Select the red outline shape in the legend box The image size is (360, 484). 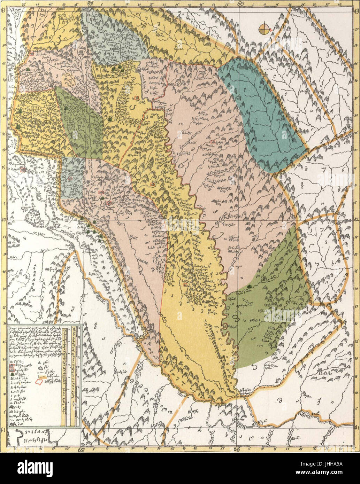40,382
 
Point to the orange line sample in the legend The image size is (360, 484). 42,377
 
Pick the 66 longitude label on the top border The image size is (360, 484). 240,3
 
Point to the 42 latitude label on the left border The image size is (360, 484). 3,220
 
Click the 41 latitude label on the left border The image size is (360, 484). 3,428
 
